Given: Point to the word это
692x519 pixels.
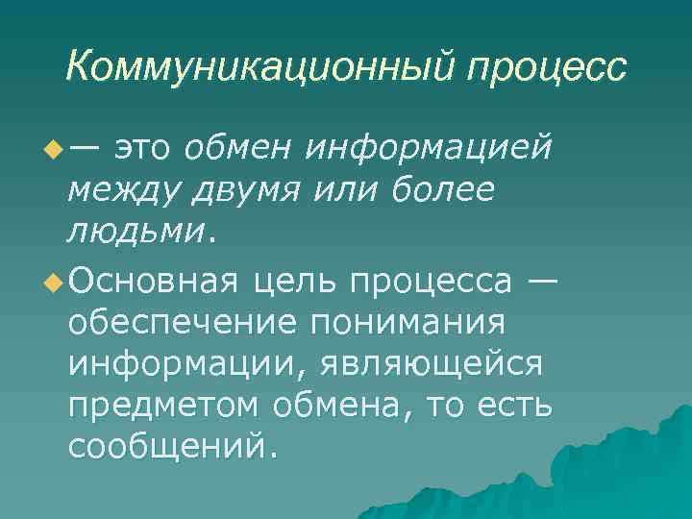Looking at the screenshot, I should click(x=144, y=149).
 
